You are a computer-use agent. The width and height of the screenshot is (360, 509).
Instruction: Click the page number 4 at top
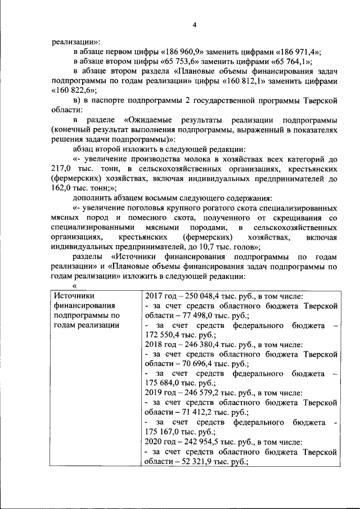click(x=195, y=25)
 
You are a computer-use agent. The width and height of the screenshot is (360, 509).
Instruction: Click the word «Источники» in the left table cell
click(x=74, y=295)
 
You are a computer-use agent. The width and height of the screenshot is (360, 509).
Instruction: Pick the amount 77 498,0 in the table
click(x=209, y=316)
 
